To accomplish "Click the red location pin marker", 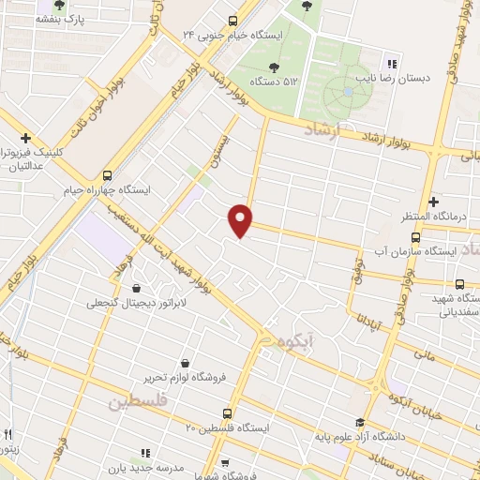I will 241,219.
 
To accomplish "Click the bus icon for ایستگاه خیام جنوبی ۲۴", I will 232,19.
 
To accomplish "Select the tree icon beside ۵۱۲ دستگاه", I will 273,67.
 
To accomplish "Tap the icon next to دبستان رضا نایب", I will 391,65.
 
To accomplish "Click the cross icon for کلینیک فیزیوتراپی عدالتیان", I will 26,137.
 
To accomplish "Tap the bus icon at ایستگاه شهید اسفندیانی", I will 459,283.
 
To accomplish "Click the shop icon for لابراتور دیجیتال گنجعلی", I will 139,288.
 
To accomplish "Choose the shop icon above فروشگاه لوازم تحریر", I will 184,363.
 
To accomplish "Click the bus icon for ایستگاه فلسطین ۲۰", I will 227,412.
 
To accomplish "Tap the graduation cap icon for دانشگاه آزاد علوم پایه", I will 359,422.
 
